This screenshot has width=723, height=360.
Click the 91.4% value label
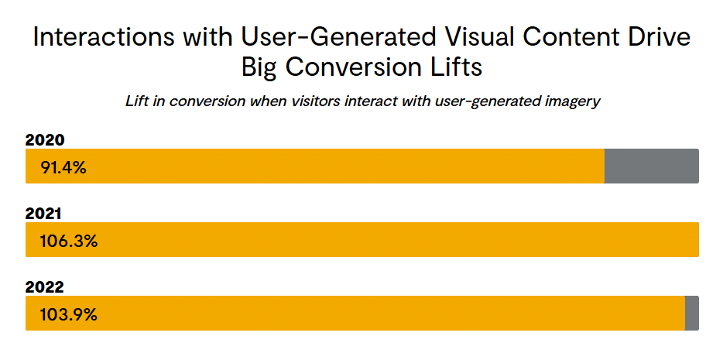pos(63,166)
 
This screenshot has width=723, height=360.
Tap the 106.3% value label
pos(69,240)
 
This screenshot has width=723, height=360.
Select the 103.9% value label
pos(69,314)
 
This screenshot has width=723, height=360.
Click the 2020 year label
pos(45,140)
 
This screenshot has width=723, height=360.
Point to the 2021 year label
pos(44,213)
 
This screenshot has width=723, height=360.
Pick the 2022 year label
pos(45,286)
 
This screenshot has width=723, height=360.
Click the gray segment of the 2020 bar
pos(651,166)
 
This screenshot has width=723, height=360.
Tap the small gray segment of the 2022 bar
pos(691,314)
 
